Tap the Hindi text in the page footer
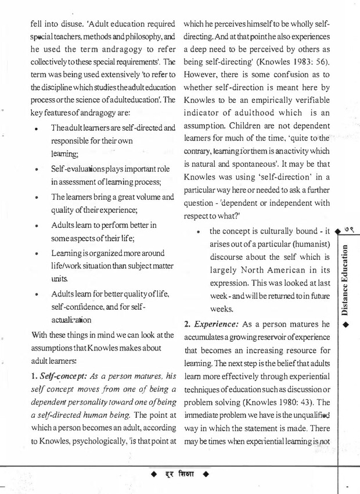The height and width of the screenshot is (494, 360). point(182,475)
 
